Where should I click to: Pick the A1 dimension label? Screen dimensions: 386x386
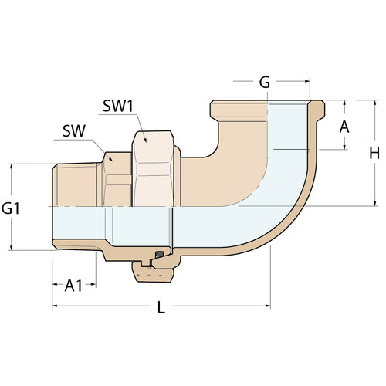74,285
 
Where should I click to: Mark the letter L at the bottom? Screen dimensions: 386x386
161,306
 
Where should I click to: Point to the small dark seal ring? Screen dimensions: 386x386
159,256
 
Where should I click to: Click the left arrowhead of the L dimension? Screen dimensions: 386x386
56,306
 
